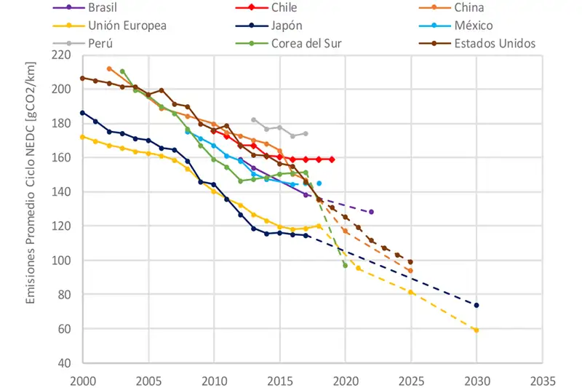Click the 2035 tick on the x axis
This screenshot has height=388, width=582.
[542, 379]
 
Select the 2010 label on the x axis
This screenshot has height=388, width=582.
[214, 379]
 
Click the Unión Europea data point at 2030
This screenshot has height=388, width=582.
[477, 330]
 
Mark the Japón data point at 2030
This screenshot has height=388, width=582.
[477, 305]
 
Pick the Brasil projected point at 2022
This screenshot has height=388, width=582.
[371, 212]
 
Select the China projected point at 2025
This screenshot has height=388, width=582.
[410, 271]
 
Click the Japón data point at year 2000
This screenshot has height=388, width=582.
[82, 113]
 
